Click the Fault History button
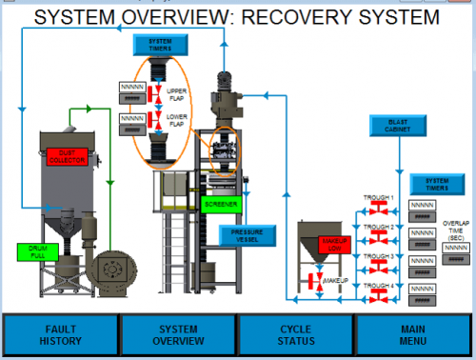[x=60, y=334]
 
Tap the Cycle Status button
[x=296, y=334]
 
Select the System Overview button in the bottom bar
[x=178, y=334]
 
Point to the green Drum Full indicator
[x=38, y=251]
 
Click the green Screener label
[x=221, y=203]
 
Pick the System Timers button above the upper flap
[x=157, y=45]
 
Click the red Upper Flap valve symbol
[x=151, y=92]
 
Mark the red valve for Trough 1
[x=378, y=209]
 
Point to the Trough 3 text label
[x=378, y=255]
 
